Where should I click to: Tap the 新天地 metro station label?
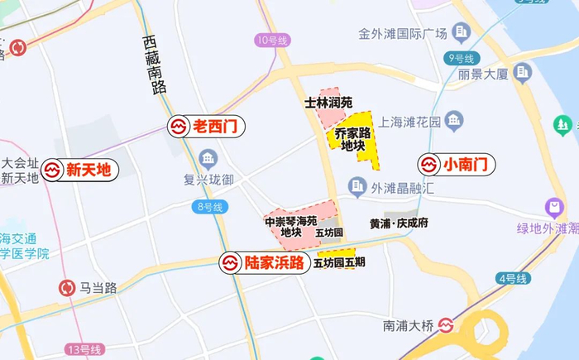coord(78,170)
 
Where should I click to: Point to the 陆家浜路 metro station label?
coord(263,263)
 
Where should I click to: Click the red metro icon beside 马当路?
coord(66,288)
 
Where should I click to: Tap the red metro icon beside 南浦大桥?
coord(447,325)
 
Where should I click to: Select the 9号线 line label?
coord(460,58)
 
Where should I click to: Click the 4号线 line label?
coord(513,279)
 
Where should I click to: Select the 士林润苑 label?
coord(328,103)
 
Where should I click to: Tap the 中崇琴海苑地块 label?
coord(290,227)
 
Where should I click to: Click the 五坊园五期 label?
coord(339,263)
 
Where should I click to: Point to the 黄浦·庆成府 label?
coord(399,223)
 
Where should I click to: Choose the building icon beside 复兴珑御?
coord(208,158)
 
